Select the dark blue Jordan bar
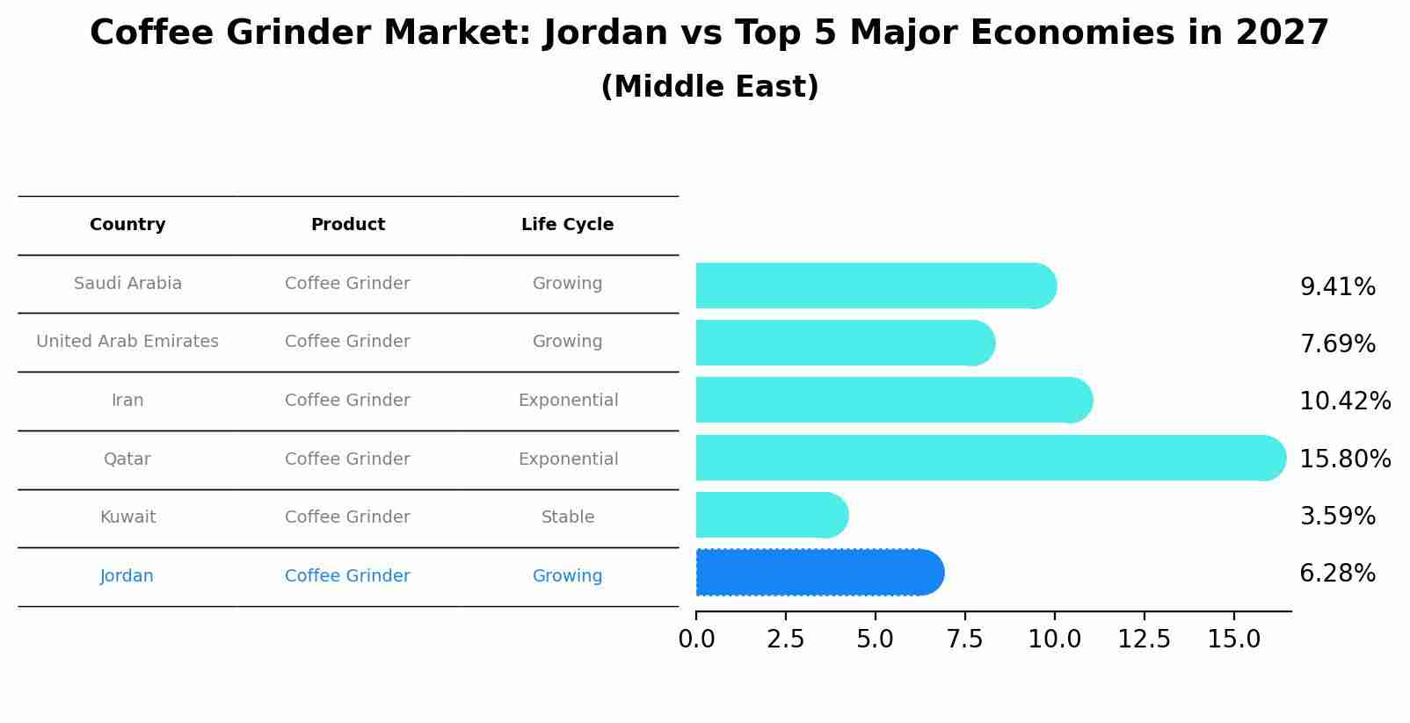click(x=818, y=573)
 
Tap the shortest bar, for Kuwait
click(x=770, y=515)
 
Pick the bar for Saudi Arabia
click(x=874, y=286)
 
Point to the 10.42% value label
click(x=1344, y=401)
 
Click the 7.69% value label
click(x=1337, y=343)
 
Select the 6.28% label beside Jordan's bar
click(x=1337, y=574)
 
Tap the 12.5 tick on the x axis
click(x=1144, y=640)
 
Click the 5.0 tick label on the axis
click(x=875, y=640)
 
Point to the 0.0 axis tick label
click(x=696, y=640)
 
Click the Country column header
click(x=127, y=225)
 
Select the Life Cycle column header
click(x=567, y=225)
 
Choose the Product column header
click(x=348, y=225)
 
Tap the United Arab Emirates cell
click(x=127, y=342)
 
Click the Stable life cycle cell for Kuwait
click(x=567, y=517)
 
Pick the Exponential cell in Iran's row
click(x=568, y=401)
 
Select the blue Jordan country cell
click(x=127, y=576)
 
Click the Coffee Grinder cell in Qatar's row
click(x=347, y=459)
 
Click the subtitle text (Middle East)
click(x=709, y=87)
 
